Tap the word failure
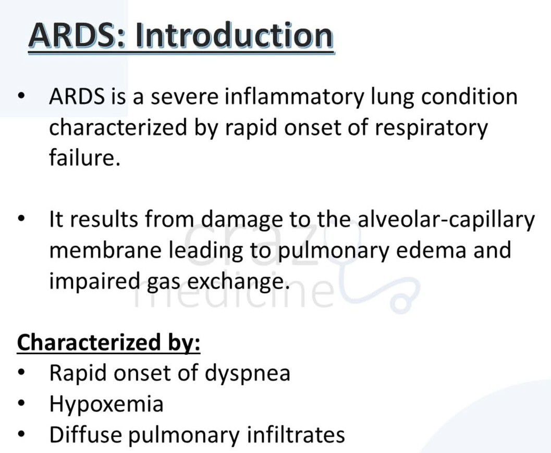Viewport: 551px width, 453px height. (x=84, y=158)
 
